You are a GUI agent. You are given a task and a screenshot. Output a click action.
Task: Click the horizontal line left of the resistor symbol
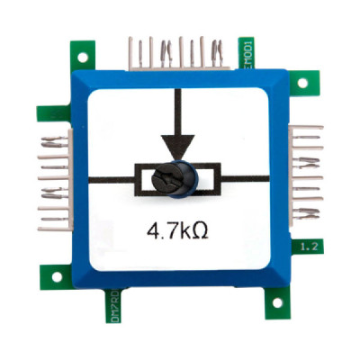pyautogui.click(x=112, y=177)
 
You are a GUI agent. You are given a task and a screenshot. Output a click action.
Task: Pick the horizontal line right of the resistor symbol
pyautogui.click(x=244, y=177)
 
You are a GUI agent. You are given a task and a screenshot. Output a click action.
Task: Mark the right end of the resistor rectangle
pyautogui.click(x=217, y=178)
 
